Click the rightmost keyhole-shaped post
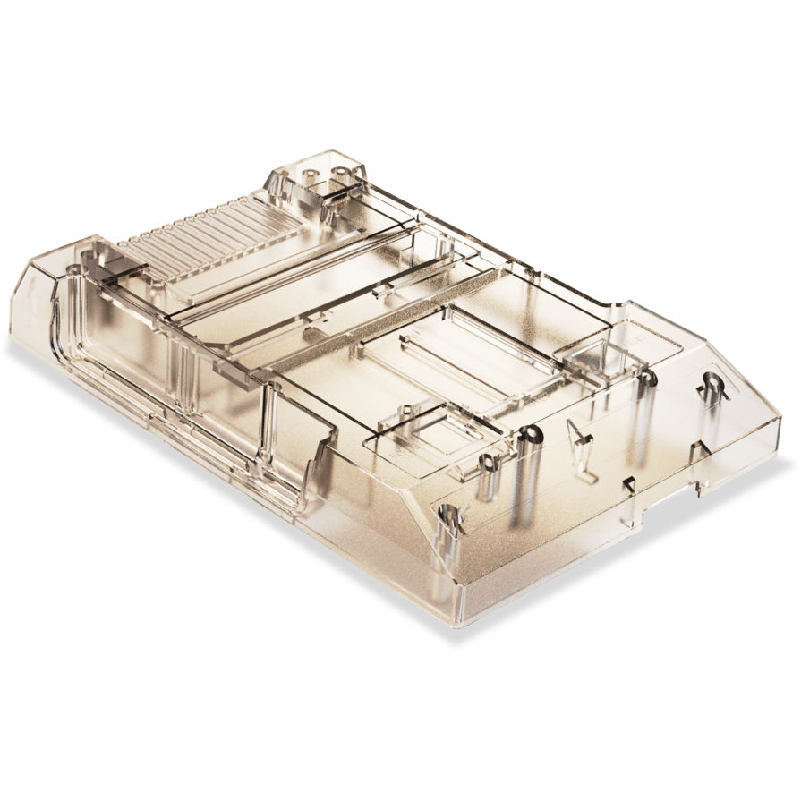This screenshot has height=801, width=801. (712, 386)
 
